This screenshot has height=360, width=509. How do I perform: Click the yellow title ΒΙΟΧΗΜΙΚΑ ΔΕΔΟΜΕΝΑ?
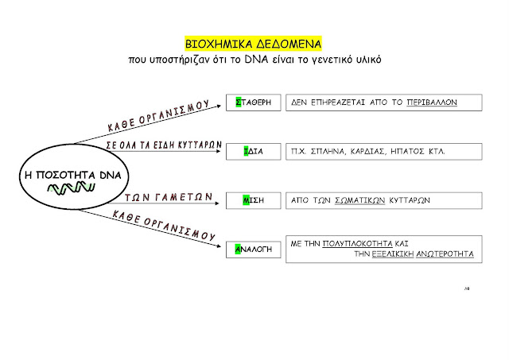coord(254,42)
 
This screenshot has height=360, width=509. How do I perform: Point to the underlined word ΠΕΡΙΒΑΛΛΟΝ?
coord(430,103)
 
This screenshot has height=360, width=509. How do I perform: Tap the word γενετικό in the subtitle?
coord(330,59)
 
